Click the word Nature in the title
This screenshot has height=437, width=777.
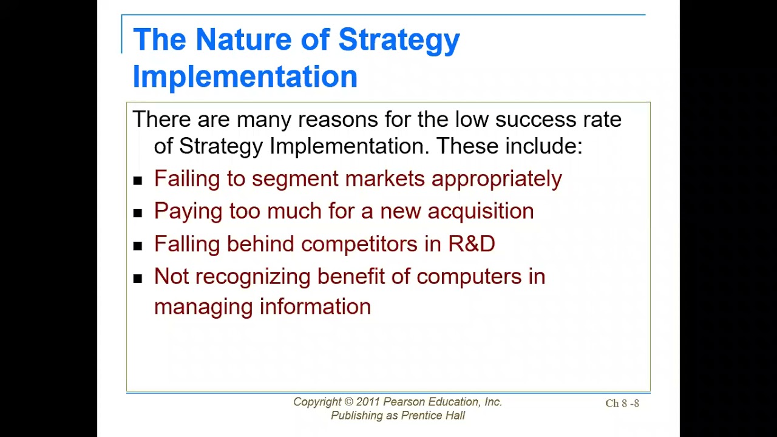point(245,39)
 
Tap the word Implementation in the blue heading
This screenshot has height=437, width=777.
point(245,76)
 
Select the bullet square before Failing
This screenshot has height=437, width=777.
point(138,181)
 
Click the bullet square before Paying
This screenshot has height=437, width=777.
point(138,213)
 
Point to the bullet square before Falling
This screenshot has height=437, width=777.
point(138,246)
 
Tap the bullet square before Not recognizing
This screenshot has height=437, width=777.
point(138,279)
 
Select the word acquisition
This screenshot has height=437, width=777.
point(481,212)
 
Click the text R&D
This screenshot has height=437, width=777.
point(472,243)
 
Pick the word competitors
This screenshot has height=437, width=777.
point(359,244)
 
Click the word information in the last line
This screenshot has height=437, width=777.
point(315,307)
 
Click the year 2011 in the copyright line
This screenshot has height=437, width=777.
point(368,402)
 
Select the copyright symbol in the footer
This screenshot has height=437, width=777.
point(348,402)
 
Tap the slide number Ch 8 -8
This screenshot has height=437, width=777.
point(622,403)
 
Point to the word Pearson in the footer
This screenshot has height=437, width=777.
point(404,402)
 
